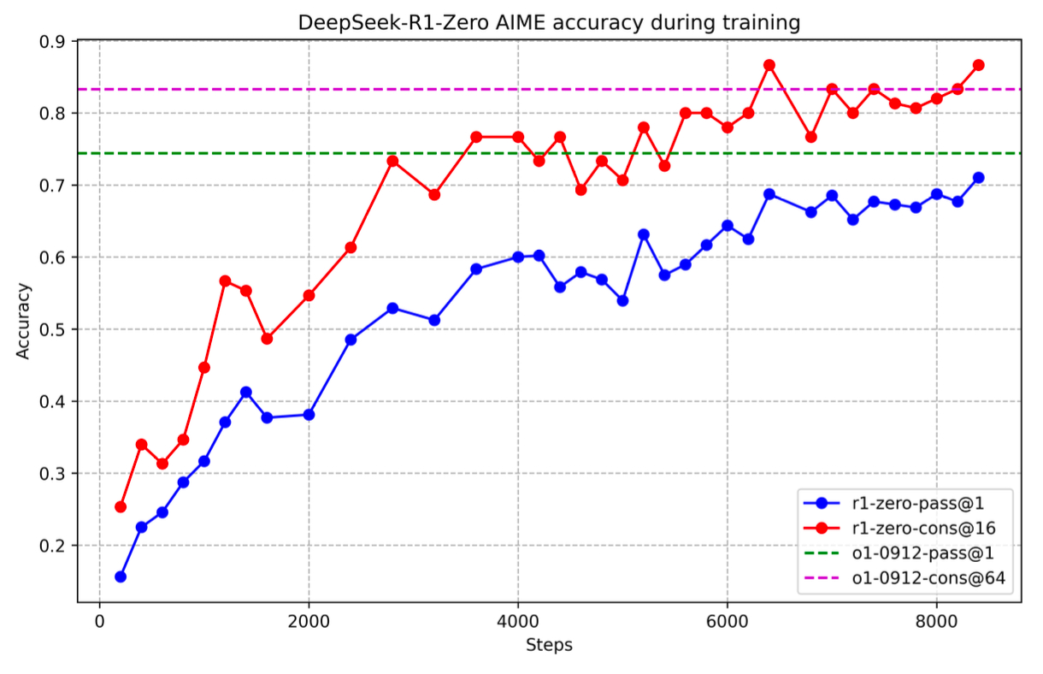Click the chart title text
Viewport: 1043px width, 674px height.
[549, 22]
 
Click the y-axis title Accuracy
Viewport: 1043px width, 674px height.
[23, 320]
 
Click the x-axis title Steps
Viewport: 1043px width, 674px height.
[549, 645]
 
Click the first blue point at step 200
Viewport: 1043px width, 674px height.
[121, 576]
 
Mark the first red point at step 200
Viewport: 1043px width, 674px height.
[121, 507]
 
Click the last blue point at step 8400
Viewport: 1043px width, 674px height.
[979, 178]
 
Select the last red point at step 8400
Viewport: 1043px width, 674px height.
[979, 65]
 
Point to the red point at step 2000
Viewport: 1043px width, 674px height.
[309, 296]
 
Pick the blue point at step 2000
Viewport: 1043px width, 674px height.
[309, 415]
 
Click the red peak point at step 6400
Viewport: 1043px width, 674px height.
[769, 65]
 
